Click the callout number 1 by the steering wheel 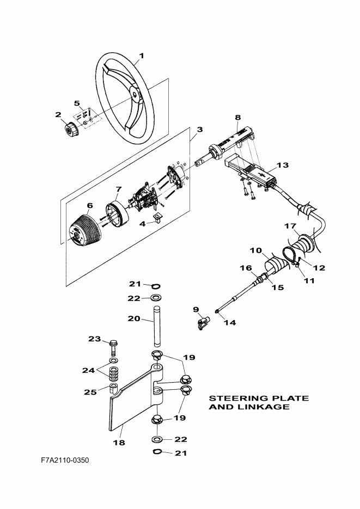click(141, 56)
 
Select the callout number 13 click(283, 165)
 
